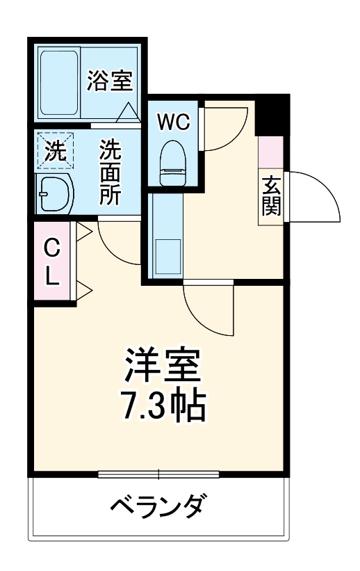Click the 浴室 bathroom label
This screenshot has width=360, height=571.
coord(109,81)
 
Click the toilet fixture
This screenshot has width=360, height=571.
coord(172,161)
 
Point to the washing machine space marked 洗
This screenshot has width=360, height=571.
coord(55,151)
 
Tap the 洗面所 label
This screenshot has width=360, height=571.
coord(109,172)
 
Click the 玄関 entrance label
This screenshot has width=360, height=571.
coord(272,196)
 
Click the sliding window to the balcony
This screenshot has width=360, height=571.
coord(158,475)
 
